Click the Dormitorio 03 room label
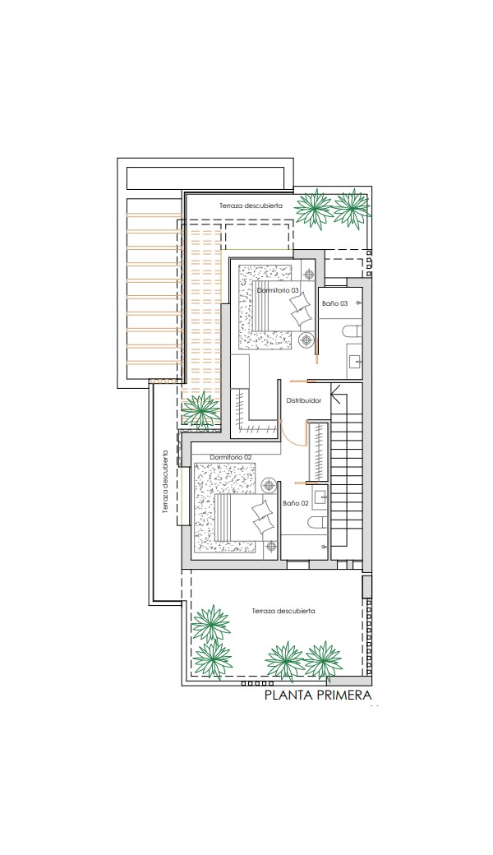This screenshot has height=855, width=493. pos(278,291)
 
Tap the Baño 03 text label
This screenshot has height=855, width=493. pos(334,303)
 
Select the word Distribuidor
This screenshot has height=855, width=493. pos(304,400)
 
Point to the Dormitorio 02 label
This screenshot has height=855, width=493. pos(230,457)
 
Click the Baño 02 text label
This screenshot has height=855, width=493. pos(296,503)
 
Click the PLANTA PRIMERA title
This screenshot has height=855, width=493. pos(318,695)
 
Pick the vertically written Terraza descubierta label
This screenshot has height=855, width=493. pos(165,482)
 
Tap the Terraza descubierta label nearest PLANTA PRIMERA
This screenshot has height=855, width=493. pos(283,612)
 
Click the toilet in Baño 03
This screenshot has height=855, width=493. pos(353,330)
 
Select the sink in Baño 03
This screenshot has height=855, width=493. pos(355,361)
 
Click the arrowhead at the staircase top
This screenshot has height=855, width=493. pos(336,395)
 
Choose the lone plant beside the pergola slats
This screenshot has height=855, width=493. pos(201,409)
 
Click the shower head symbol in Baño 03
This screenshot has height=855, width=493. pos(358,302)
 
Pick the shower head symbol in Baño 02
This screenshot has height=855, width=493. pos(325,546)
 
